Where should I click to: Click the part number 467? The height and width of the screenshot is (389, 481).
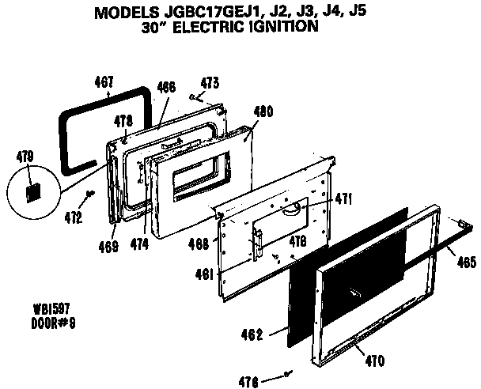(x=104, y=81)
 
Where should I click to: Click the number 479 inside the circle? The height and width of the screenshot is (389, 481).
(x=25, y=158)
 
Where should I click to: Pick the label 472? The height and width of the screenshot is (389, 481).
(x=74, y=217)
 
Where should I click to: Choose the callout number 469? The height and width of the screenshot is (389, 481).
(x=109, y=246)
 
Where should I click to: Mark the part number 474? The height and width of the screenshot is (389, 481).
(x=139, y=246)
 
